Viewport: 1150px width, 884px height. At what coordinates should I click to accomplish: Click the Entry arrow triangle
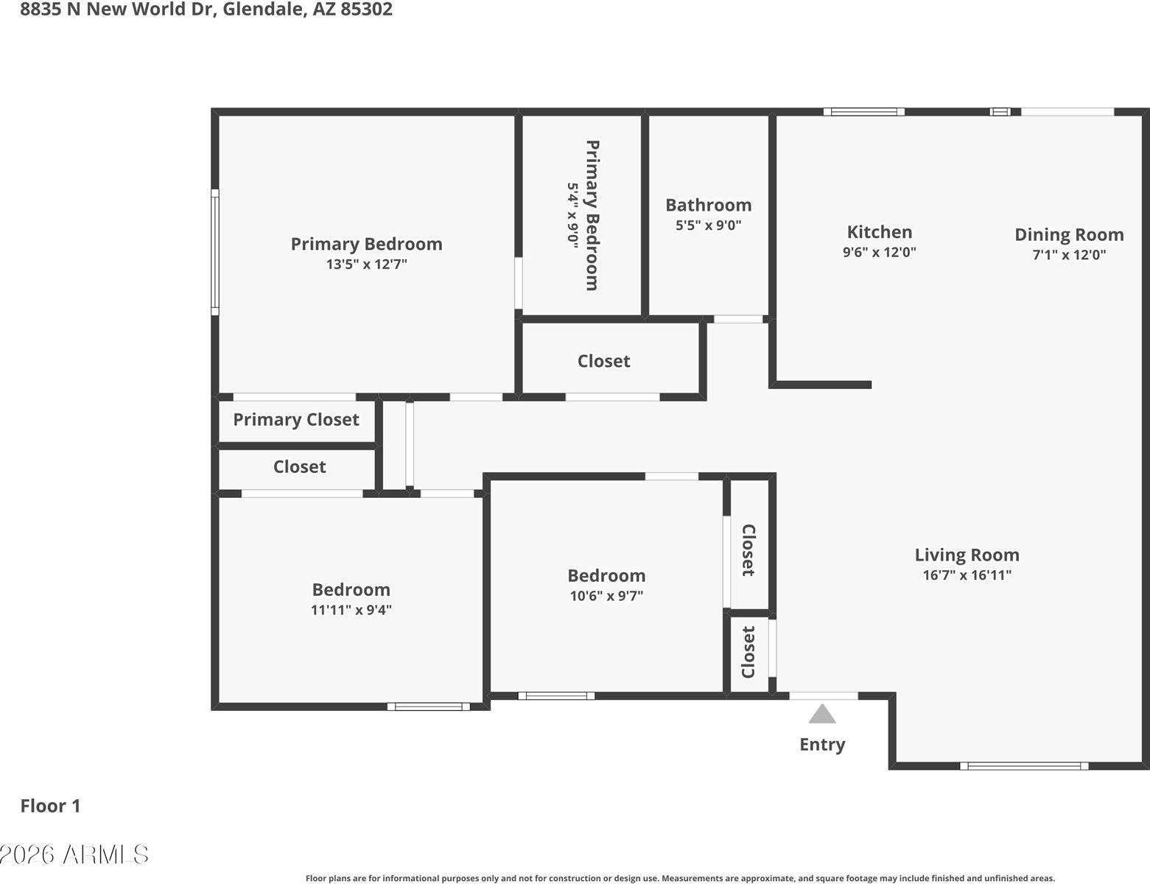pos(822,715)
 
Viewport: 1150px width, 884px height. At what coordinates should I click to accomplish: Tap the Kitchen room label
pos(879,232)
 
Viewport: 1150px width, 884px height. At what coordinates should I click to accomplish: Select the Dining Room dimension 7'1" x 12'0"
pos(1069,255)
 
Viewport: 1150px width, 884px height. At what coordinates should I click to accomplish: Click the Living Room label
pos(967,555)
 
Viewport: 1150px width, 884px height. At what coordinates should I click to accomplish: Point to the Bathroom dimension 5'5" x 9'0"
pos(708,225)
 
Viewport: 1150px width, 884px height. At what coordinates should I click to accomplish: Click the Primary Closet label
pos(296,420)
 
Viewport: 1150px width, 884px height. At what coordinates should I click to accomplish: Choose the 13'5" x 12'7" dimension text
pos(366,264)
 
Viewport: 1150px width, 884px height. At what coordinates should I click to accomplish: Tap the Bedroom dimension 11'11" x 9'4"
pos(351,610)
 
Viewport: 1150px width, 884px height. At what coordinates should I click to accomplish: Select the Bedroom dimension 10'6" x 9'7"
pos(606,596)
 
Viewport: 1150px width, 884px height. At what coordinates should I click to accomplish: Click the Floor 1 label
pos(50,806)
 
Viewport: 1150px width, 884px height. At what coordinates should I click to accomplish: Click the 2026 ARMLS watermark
pos(74,855)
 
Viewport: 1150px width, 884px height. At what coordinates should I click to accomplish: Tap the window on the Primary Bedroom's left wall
pos(215,252)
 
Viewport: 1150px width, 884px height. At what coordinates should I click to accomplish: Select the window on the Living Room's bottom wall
pos(1024,766)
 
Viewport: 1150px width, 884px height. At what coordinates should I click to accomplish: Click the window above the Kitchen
pos(863,112)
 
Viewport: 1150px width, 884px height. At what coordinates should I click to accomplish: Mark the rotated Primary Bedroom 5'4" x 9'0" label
pos(583,215)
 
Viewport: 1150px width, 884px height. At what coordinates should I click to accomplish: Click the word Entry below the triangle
pos(822,745)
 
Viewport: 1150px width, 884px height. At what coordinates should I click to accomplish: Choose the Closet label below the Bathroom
pos(603,361)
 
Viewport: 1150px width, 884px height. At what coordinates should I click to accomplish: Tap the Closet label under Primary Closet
pos(299,467)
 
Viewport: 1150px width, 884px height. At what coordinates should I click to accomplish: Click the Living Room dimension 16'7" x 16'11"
pos(967,575)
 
